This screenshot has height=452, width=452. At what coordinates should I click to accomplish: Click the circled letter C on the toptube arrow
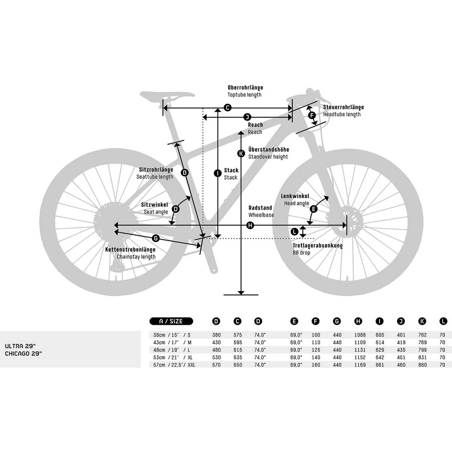pos(227,108)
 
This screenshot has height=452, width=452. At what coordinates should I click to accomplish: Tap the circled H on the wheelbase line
pos(250,225)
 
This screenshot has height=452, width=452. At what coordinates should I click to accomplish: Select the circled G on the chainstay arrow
pos(155,238)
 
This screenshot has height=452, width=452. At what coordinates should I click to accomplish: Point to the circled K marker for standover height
pos(241,153)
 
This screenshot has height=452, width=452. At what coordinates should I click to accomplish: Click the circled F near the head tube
pos(312,115)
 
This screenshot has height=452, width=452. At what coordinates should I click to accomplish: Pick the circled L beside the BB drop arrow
pos(294,231)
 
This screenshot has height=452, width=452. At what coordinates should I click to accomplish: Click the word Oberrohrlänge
pos(245,88)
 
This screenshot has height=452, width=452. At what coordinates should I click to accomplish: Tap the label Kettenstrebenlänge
pos(130,249)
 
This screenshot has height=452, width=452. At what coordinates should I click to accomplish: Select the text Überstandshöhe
pos(269,149)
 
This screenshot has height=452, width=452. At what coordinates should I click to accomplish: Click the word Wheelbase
pos(261,215)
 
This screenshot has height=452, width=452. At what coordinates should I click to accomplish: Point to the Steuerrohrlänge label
pos(343,107)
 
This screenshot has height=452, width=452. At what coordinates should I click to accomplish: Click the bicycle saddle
pos(167,95)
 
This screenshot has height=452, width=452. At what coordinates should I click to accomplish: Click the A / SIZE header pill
pos(171,321)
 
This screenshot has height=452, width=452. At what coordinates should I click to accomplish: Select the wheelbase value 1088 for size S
pos(360,335)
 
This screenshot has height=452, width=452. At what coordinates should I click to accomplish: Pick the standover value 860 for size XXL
pos(422,365)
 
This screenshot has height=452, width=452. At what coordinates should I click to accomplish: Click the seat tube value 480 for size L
pos(216,350)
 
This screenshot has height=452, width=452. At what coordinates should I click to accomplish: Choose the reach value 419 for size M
pos(401,343)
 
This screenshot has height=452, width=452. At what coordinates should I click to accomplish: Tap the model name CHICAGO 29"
pos(23,354)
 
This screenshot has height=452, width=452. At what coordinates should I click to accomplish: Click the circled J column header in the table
pos(401,321)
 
